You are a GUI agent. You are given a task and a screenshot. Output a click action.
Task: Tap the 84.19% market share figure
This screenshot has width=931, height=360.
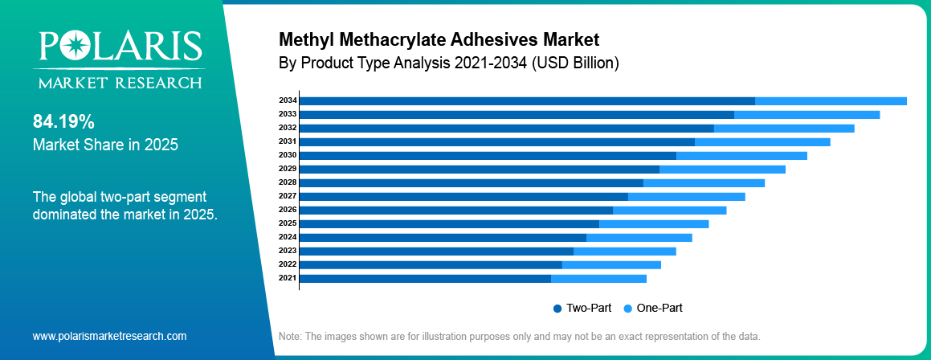pos(63,122)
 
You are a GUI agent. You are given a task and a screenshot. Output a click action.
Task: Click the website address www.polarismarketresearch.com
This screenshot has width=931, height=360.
pos(109,336)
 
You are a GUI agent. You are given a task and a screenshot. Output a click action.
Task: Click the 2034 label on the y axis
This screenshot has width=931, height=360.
pos(288,100)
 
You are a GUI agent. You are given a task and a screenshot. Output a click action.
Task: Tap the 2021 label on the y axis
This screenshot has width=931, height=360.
pos(288,278)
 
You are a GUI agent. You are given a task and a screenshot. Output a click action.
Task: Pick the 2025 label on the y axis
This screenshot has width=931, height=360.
pos(288,223)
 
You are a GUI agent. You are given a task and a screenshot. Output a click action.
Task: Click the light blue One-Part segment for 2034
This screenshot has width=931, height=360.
pos(831,100)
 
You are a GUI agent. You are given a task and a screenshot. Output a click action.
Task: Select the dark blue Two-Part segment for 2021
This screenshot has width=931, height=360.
pos(425,278)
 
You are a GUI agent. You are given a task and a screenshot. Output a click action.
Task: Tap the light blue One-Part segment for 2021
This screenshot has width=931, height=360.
pos(598,278)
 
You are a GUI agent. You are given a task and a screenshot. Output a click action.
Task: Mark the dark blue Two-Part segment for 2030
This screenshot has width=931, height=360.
pos(488,155)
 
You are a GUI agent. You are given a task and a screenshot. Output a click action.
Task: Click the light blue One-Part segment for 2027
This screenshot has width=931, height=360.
pos(686,196)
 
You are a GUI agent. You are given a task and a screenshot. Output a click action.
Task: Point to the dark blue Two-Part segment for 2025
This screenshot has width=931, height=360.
pos(449,223)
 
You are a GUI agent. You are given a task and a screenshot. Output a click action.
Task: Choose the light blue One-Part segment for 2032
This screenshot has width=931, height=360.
pos(784,128)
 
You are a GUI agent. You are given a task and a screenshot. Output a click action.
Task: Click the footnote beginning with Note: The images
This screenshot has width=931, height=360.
pos(518,336)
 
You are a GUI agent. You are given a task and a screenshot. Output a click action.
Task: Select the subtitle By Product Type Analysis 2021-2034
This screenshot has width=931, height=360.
pos(448,63)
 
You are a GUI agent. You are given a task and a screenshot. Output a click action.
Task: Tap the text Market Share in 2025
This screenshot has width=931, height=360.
pos(105,145)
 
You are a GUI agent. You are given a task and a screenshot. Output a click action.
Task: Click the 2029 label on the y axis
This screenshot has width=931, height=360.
pos(288,169)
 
